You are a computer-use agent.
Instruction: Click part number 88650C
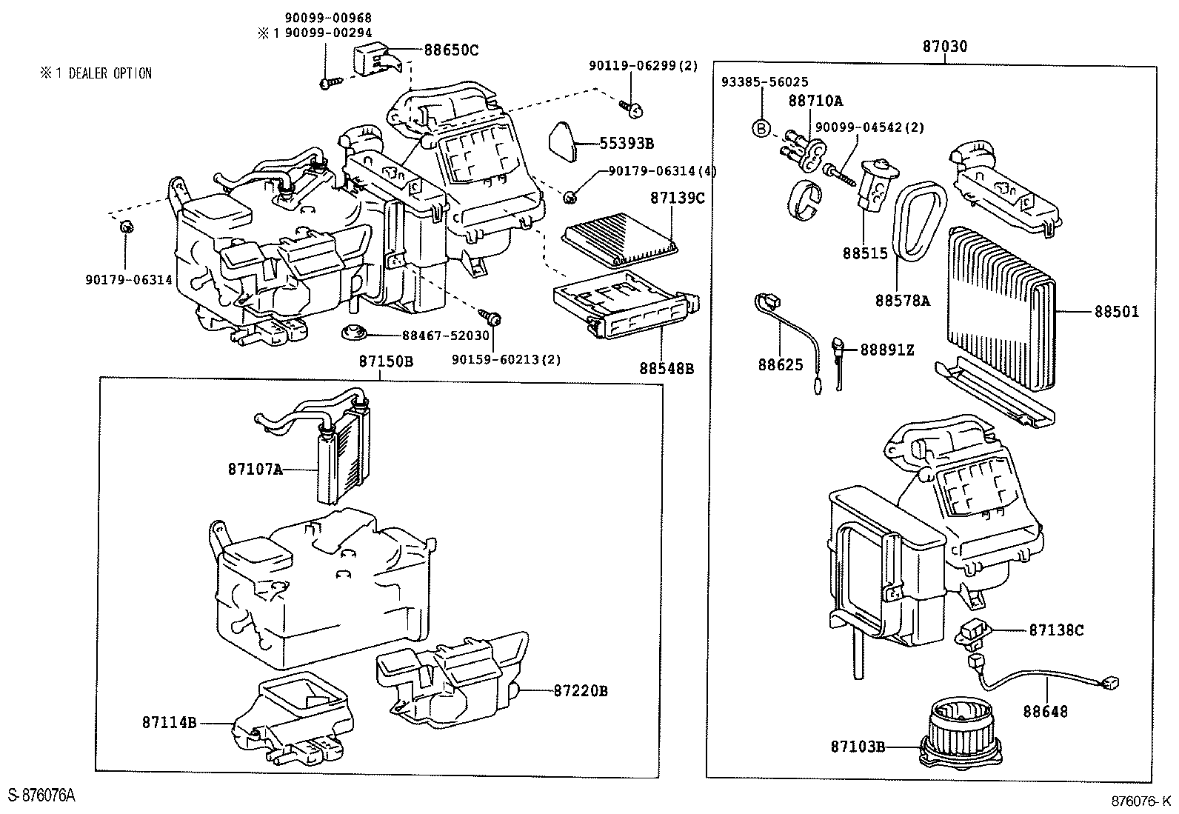(451, 50)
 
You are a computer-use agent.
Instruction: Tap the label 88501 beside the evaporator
(1117, 312)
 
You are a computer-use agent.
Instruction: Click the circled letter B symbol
(761, 128)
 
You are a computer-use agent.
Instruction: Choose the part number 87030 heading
(944, 47)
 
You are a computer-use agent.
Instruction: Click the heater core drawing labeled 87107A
(341, 459)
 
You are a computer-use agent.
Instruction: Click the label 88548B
(667, 368)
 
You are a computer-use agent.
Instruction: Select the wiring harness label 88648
(1046, 712)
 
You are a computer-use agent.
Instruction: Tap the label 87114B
(170, 722)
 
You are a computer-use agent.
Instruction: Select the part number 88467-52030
(446, 336)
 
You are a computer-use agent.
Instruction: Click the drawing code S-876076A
(41, 795)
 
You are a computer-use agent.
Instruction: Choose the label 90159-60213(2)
(506, 359)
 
